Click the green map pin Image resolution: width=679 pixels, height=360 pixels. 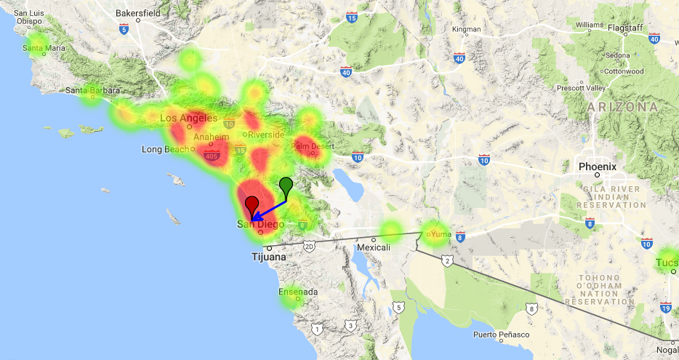click(x=286, y=185)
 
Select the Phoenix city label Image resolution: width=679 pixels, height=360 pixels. click(x=598, y=167)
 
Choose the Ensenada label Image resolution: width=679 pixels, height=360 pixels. click(x=298, y=292)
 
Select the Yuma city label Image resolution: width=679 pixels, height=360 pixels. click(x=441, y=234)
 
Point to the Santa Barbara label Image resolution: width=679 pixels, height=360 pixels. click(x=93, y=91)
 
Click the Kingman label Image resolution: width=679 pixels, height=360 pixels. click(x=467, y=30)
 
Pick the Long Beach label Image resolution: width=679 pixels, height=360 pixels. click(x=164, y=150)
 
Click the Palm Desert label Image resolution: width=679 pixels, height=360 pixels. click(x=312, y=145)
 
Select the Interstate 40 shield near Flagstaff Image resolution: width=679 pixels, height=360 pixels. click(x=654, y=38)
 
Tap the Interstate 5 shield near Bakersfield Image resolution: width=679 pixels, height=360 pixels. click(x=124, y=29)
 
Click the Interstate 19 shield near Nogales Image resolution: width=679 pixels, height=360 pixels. click(x=666, y=308)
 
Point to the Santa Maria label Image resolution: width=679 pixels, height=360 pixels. click(x=44, y=49)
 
